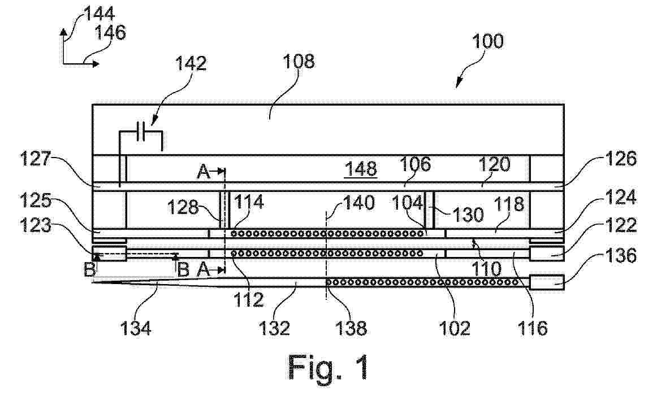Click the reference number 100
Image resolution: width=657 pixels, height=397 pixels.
(x=488, y=41)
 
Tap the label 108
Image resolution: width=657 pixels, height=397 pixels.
(x=299, y=62)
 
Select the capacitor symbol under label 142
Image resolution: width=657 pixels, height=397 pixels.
(x=141, y=132)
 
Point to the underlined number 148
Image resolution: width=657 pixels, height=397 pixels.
(x=361, y=169)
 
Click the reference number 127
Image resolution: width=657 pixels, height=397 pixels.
(x=36, y=159)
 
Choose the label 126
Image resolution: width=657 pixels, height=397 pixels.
(x=621, y=159)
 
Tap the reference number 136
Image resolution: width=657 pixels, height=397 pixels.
(x=621, y=256)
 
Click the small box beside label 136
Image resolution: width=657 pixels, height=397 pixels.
(x=547, y=282)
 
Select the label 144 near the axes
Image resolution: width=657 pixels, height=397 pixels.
(x=100, y=15)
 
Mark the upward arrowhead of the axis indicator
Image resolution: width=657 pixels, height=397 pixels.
(x=63, y=32)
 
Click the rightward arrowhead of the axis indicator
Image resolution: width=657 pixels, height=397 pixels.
(x=96, y=64)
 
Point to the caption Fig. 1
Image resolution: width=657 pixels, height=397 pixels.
(x=328, y=367)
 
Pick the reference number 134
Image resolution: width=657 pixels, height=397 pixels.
(x=136, y=328)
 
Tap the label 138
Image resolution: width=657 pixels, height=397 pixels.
(x=351, y=328)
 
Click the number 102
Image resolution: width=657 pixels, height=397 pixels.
(x=455, y=328)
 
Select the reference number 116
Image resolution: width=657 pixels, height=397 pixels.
(x=533, y=328)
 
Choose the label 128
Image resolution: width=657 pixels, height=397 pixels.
(x=183, y=207)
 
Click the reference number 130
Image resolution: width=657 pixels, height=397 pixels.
(x=469, y=215)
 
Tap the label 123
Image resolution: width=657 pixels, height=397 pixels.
(x=36, y=226)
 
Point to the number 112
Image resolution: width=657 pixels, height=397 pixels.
(x=249, y=300)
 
